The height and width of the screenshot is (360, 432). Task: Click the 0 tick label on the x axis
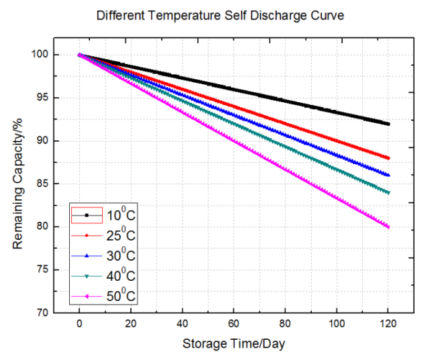pyautogui.click(x=79, y=324)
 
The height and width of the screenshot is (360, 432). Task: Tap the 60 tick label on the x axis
pyautogui.click(x=234, y=324)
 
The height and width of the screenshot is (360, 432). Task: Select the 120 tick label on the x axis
pyautogui.click(x=389, y=324)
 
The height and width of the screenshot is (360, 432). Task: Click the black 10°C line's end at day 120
pyautogui.click(x=389, y=124)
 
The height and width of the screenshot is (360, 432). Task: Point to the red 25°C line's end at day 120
pyautogui.click(x=389, y=158)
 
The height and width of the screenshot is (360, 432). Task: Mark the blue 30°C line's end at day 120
pyautogui.click(x=389, y=175)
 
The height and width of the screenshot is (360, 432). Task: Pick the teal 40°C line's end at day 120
pyautogui.click(x=389, y=192)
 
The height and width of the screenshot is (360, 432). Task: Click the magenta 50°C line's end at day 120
pyautogui.click(x=389, y=227)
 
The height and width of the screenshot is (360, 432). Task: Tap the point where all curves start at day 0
pyautogui.click(x=79, y=55)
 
